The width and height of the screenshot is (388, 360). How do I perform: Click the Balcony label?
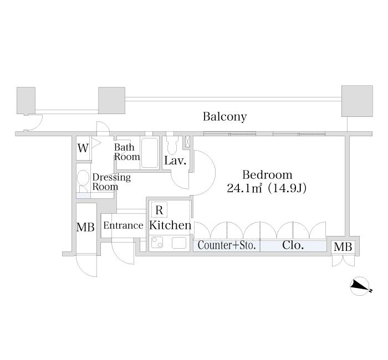[x=224, y=117]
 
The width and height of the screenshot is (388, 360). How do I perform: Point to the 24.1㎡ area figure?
[x=244, y=188]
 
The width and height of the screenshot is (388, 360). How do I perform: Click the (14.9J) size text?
[x=287, y=188]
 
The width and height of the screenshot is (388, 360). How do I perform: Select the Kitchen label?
[x=170, y=225]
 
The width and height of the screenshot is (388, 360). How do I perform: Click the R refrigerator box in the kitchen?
[x=159, y=210]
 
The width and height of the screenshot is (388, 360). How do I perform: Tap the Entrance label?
[x=123, y=225]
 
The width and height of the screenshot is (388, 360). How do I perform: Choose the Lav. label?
[x=175, y=161]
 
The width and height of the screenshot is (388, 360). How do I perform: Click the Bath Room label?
[x=127, y=152]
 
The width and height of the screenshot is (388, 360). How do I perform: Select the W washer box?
[x=83, y=148]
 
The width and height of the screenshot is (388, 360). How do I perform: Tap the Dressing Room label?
[x=111, y=182]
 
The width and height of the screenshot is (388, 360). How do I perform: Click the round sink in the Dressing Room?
[x=83, y=178]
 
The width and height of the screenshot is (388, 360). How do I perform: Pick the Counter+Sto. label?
[x=226, y=245]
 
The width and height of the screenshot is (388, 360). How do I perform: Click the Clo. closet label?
[x=293, y=245]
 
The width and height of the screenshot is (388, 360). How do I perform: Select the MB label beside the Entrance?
[x=85, y=227]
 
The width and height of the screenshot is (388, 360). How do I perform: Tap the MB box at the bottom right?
[x=343, y=247]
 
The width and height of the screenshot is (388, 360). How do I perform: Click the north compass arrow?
[x=361, y=285]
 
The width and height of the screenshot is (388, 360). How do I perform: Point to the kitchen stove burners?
[x=158, y=243]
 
